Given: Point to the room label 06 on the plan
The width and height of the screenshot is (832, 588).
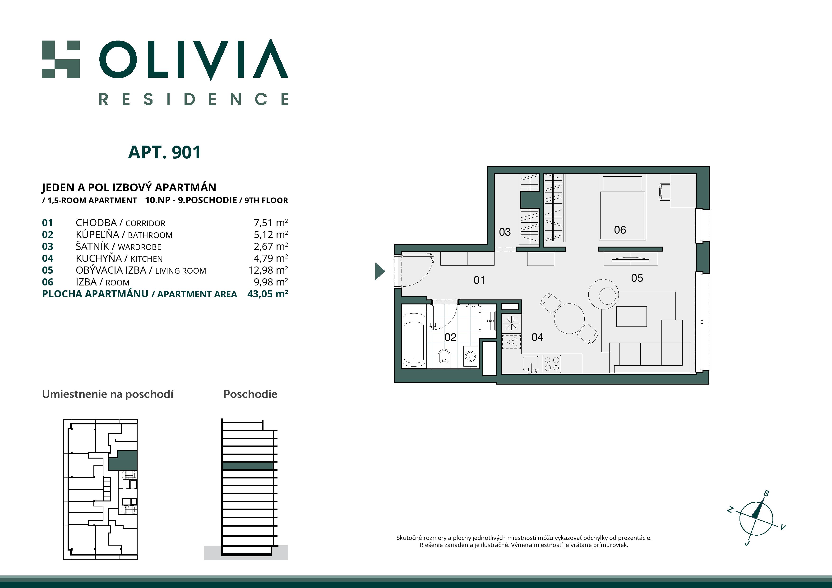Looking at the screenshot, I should [620, 230].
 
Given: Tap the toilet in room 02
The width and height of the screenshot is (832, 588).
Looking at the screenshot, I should [444, 357].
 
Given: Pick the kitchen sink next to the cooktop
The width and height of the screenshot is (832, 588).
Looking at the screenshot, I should [531, 363].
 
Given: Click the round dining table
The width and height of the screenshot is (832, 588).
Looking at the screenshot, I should [569, 318].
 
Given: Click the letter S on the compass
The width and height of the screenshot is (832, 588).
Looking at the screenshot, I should [766, 493].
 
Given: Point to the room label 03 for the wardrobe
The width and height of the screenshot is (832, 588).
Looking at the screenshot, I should [504, 232].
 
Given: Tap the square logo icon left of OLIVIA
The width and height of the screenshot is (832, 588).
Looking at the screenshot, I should [60, 60].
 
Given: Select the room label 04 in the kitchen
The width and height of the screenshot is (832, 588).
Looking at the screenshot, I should [537, 337].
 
